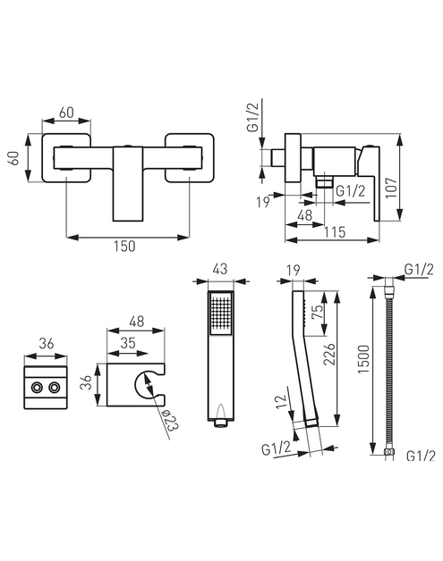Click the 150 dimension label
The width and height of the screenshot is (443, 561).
coord(124,247)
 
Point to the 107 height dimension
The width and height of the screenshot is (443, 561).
coord(391,187)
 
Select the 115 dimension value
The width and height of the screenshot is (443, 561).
coord(335,232)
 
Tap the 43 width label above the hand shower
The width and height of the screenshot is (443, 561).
coord(220,269)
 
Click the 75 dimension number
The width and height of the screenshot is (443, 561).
coord(318,312)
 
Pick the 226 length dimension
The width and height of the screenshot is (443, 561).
coord(329,355)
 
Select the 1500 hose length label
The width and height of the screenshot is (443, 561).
coord(363,359)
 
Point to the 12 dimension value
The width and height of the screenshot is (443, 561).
coord(282,401)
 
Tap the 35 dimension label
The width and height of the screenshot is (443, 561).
coord(128,343)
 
